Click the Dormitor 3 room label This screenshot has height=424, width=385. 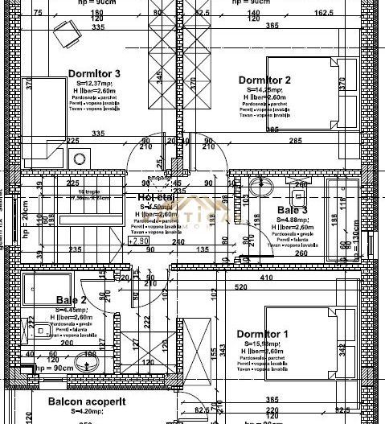(94, 73)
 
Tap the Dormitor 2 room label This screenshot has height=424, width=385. (264, 79)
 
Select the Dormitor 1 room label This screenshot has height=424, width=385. (262, 334)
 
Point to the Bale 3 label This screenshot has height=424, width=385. (293, 211)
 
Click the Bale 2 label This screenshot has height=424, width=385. (72, 300)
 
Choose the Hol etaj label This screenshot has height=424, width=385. (156, 197)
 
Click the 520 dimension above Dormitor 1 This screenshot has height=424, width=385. (240, 286)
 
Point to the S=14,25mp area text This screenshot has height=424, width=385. (264, 89)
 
